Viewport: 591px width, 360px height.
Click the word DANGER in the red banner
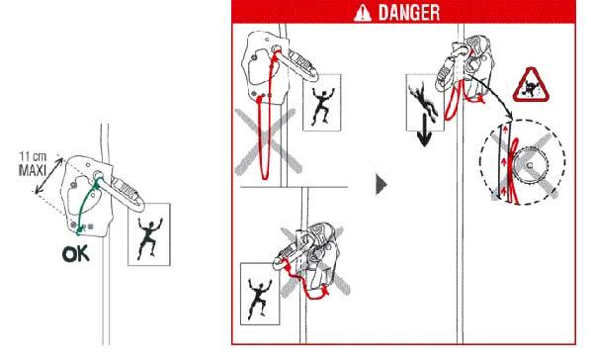(x=409, y=13)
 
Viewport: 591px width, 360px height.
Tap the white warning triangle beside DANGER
(x=363, y=13)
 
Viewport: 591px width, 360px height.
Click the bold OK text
(x=76, y=254)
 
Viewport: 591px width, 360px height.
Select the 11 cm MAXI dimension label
(x=33, y=164)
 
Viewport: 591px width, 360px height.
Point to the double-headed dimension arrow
(x=49, y=176)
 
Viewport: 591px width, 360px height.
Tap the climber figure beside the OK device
(x=149, y=237)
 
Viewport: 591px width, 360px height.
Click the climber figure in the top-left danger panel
(x=322, y=107)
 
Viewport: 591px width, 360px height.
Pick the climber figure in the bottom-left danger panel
(x=259, y=298)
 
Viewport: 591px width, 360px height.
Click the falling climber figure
(x=424, y=102)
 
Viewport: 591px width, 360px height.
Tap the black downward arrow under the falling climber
(x=424, y=131)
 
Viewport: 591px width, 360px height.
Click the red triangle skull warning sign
(x=531, y=86)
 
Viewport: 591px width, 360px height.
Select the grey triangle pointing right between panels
(x=381, y=184)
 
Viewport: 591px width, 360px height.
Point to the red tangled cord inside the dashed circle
(x=512, y=170)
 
